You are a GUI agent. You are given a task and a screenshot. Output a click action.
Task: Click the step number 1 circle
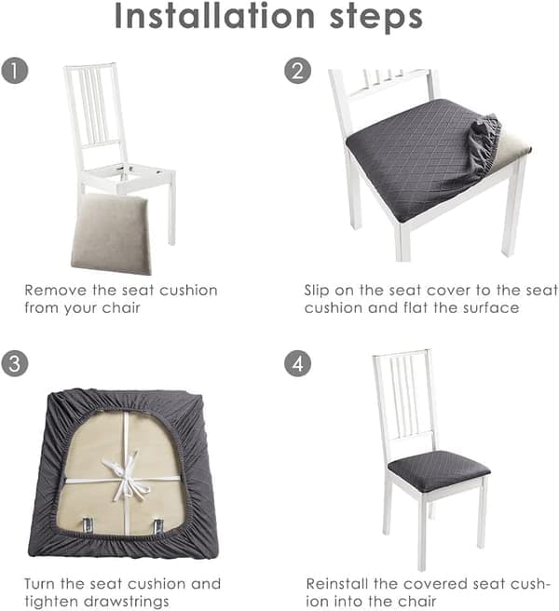(15, 71)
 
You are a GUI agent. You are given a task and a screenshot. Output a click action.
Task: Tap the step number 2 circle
(297, 71)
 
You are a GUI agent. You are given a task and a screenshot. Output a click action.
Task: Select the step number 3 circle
(15, 364)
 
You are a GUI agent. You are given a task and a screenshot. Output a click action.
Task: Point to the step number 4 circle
(297, 364)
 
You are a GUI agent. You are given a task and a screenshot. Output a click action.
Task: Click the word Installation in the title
(215, 16)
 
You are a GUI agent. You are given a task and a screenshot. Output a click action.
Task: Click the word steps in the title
(376, 18)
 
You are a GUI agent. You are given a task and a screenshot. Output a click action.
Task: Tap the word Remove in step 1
(55, 291)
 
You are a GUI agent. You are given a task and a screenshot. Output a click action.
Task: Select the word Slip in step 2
(317, 291)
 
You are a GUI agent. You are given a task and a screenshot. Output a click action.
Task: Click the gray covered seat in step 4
(439, 467)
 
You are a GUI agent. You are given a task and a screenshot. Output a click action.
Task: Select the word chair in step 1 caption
(121, 308)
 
